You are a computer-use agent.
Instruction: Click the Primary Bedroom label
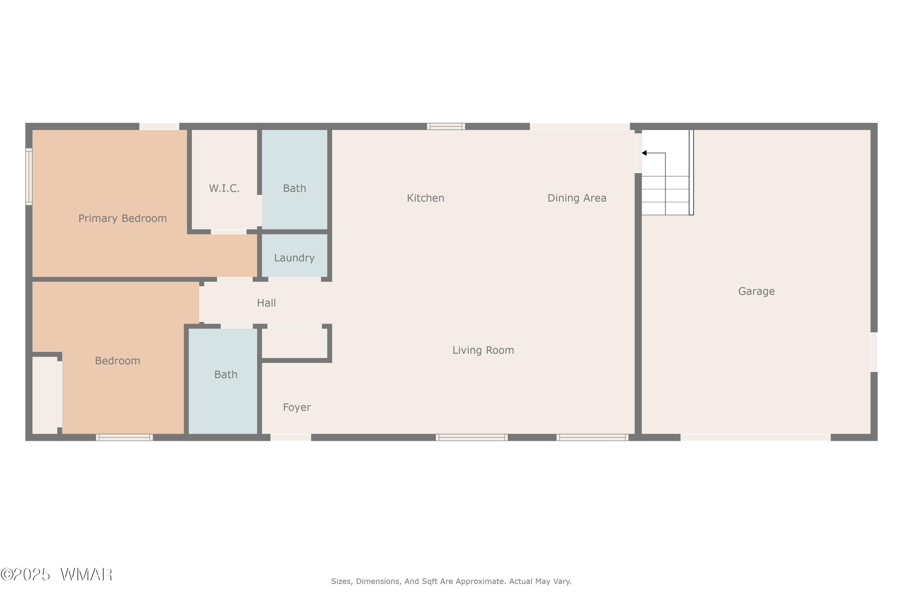pos(123,219)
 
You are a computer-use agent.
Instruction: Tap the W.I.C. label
pos(224,188)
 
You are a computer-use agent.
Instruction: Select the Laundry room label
pos(294,258)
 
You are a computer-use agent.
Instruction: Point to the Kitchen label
pos(425,198)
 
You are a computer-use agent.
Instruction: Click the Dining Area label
pos(577,198)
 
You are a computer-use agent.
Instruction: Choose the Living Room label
pos(483,350)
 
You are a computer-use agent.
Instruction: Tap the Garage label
pos(756,291)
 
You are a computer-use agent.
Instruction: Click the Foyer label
pos(297,407)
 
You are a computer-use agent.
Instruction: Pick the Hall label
pos(266,303)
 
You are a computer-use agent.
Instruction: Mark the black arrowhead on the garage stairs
pos(644,153)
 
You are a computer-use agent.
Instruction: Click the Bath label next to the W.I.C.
pos(294,188)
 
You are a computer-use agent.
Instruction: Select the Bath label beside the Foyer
pos(226,374)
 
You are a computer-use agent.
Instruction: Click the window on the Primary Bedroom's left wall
pos(29,177)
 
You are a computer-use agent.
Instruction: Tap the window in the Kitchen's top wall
pos(446,126)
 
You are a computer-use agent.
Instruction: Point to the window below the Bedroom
pos(124,437)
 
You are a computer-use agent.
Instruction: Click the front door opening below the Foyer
pos(291,437)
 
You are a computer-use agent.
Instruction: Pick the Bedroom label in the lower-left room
pos(117,361)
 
